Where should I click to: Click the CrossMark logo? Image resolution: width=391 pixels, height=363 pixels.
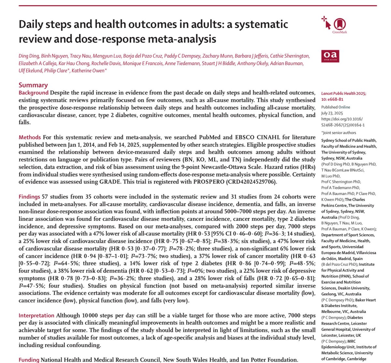click(x=339, y=24)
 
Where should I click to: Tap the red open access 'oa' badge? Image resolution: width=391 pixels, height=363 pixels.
click(x=330, y=56)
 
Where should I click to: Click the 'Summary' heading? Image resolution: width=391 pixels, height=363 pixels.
click(x=33, y=85)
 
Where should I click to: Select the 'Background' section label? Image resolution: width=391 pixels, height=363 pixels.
click(x=33, y=93)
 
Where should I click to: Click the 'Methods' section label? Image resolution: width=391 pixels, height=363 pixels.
click(x=30, y=137)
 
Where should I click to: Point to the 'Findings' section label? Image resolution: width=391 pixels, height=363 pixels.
click(x=29, y=197)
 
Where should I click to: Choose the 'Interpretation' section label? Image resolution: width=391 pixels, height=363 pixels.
click(x=36, y=316)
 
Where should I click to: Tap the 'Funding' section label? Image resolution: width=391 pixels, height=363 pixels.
click(x=29, y=360)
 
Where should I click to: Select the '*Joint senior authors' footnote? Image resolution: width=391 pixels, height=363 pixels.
click(x=339, y=133)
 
